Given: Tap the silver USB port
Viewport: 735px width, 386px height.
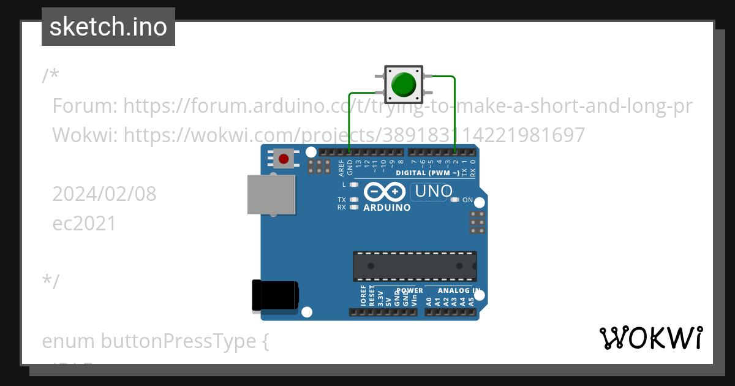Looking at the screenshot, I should click(270, 194).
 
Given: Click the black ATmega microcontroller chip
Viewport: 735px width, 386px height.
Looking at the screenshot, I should click(414, 266).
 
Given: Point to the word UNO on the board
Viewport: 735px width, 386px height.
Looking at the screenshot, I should click(433, 191).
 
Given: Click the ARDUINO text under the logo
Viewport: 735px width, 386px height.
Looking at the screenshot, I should click(386, 208).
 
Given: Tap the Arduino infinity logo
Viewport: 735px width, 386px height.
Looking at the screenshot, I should click(385, 192).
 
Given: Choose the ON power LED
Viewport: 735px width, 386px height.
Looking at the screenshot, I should click(454, 200).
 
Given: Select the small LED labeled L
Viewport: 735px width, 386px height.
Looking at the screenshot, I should click(353, 184).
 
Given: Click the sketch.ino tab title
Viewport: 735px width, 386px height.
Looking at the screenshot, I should click(108, 27).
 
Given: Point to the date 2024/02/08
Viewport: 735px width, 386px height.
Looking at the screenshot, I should click(104, 194).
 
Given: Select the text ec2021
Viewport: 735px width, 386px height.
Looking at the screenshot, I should click(85, 223).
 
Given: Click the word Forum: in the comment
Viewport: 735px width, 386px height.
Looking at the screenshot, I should click(85, 106).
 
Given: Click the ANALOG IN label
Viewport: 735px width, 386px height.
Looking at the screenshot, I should click(459, 290).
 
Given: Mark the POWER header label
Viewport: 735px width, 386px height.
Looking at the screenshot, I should click(410, 290).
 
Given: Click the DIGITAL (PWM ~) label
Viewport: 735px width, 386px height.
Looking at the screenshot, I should click(428, 173).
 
